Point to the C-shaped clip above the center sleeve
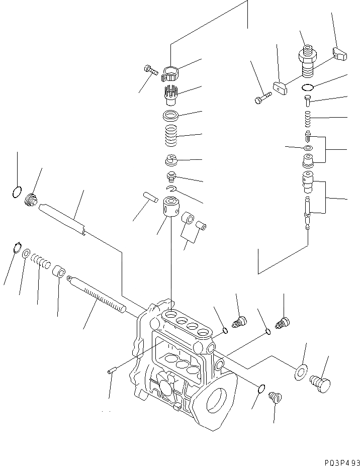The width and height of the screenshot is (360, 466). click(x=172, y=189)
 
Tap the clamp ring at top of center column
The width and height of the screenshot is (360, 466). click(x=169, y=73)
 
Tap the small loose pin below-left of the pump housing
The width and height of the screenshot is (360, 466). click(x=112, y=371)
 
